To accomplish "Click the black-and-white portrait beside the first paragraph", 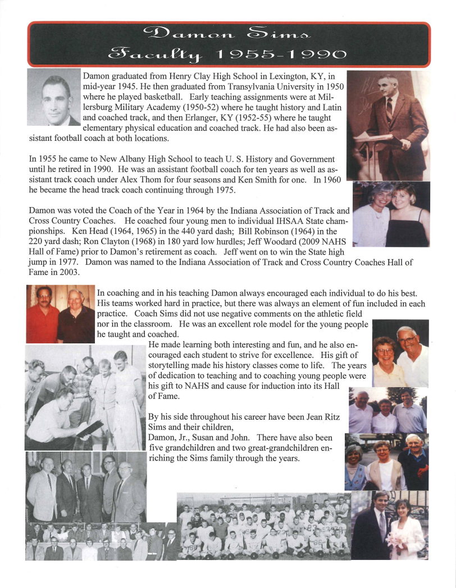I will [x=53, y=97].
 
